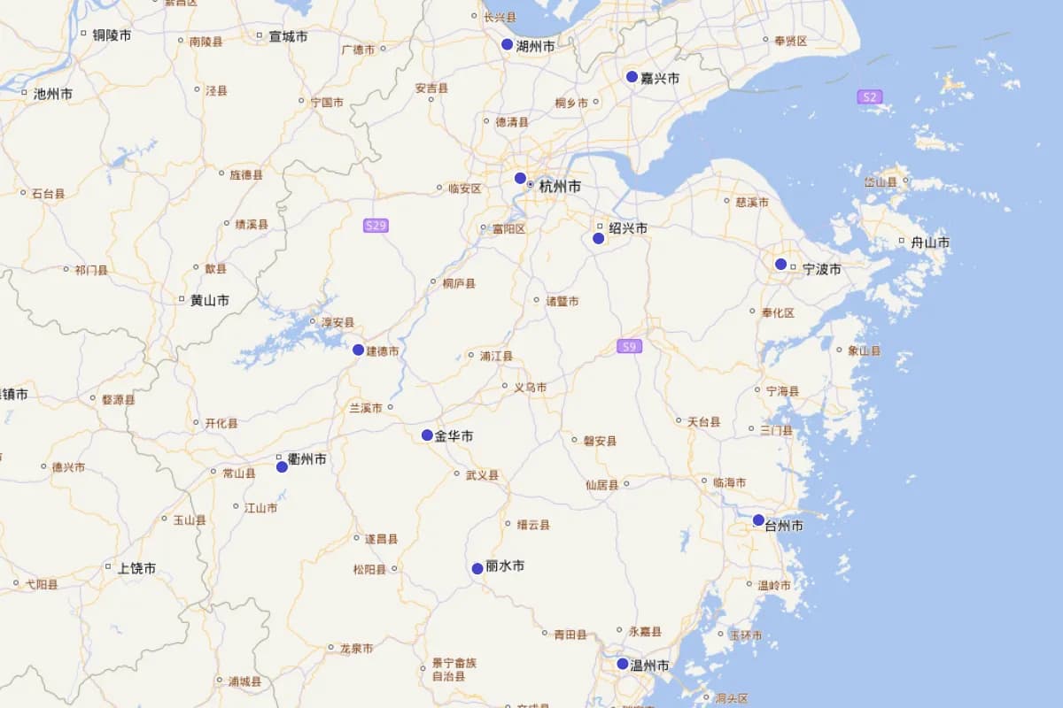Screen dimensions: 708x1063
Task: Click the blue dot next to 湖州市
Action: [x=507, y=44]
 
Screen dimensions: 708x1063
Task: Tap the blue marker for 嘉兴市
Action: [x=632, y=77]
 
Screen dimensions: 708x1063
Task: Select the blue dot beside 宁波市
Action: [x=780, y=264]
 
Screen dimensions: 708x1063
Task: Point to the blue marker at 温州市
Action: [x=622, y=664]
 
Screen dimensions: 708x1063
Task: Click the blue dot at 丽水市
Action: [x=477, y=568]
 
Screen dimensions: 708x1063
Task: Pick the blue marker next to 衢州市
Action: [x=282, y=466]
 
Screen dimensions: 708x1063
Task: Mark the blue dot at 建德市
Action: [x=358, y=350]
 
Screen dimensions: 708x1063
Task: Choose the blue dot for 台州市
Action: [x=758, y=519]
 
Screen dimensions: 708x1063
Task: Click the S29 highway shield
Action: [x=376, y=226]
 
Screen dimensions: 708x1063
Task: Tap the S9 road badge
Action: [x=629, y=346]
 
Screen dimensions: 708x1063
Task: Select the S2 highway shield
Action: [x=870, y=96]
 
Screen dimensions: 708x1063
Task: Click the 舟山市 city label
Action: [x=930, y=242]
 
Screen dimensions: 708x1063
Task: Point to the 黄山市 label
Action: [x=210, y=300]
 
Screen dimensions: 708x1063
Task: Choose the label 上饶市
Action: [x=136, y=568]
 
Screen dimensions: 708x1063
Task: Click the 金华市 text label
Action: [x=454, y=435]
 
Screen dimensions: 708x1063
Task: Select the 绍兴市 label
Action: [x=628, y=228]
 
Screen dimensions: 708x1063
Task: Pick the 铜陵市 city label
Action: [x=112, y=35]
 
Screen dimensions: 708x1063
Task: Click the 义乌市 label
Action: [x=530, y=387]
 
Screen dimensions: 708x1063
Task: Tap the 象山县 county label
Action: [x=864, y=350]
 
